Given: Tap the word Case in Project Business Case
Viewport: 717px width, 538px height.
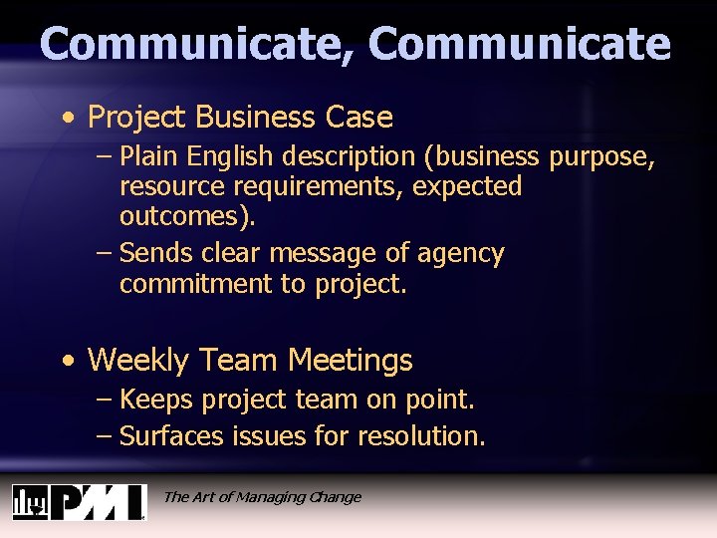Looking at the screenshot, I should (x=359, y=118).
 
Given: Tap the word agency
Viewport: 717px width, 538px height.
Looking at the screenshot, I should (x=461, y=254).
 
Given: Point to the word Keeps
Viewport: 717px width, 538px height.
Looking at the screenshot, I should (x=156, y=400).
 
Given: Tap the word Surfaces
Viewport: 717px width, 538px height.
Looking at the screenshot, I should (x=172, y=435).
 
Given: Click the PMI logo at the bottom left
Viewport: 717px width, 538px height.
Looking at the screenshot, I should (x=79, y=501).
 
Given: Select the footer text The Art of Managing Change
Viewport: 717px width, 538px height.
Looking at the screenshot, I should (x=262, y=497).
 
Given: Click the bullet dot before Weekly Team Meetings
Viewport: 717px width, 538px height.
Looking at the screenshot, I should (x=65, y=361).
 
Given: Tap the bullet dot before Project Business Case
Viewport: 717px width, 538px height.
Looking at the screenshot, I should (x=65, y=119).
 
